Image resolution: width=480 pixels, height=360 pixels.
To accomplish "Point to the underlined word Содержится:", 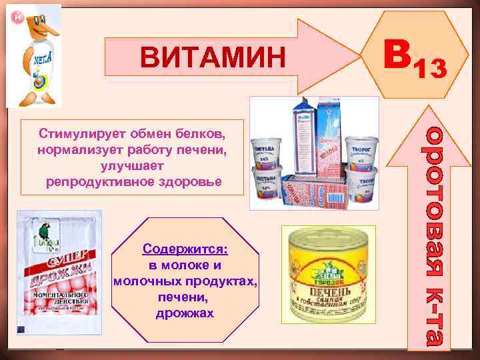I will point(185,249).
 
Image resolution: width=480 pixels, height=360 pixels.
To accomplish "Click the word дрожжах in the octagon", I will point(185,313).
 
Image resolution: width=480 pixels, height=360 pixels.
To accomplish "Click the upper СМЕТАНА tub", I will point(269,151).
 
